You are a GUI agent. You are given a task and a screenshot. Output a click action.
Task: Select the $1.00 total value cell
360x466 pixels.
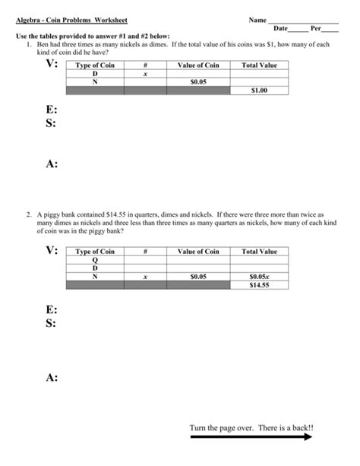pyautogui.click(x=259, y=90)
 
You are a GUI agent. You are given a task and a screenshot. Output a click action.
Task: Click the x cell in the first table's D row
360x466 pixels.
pyautogui.click(x=144, y=74)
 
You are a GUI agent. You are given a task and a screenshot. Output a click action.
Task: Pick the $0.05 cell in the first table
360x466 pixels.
pyautogui.click(x=198, y=81)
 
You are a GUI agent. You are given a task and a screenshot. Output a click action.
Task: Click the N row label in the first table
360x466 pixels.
pyautogui.click(x=95, y=81)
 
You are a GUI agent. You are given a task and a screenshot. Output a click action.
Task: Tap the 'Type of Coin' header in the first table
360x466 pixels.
pyautogui.click(x=95, y=65)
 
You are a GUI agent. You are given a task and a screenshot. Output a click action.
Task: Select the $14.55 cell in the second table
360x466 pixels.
pyautogui.click(x=259, y=284)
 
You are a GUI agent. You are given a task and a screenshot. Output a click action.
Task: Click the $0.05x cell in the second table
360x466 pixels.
pyautogui.click(x=259, y=276)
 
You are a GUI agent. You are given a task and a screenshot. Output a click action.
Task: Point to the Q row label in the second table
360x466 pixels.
pyautogui.click(x=95, y=260)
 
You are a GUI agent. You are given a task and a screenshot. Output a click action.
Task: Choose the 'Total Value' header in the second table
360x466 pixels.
pyautogui.click(x=259, y=252)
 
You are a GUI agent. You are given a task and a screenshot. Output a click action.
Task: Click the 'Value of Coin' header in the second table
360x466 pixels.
pyautogui.click(x=198, y=252)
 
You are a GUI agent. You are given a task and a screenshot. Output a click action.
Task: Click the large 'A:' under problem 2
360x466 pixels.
pyautogui.click(x=52, y=378)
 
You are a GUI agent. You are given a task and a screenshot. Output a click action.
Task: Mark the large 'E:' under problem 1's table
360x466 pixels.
pyautogui.click(x=51, y=110)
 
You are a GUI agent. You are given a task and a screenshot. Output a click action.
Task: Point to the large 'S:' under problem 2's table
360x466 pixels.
pyautogui.click(x=51, y=324)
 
